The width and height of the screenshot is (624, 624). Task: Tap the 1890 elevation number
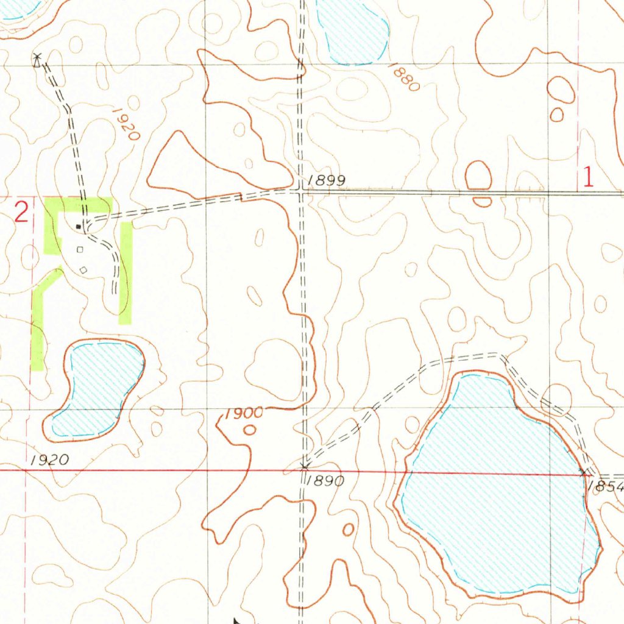tap(325, 481)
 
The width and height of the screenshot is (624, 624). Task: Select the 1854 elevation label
tap(607, 487)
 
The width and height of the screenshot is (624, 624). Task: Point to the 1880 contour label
tap(404, 77)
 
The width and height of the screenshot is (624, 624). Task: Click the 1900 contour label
tap(244, 414)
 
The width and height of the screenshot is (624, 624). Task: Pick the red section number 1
tap(588, 177)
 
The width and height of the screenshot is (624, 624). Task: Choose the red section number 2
tap(21, 213)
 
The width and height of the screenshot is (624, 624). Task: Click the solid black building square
tap(78, 227)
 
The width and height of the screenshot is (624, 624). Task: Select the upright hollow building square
tap(79, 249)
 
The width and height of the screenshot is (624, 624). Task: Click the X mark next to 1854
tap(585, 472)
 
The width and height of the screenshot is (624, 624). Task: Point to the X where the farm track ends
tap(37, 59)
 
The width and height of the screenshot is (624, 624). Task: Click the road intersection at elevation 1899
tap(302, 192)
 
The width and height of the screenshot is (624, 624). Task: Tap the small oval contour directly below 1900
tap(249, 430)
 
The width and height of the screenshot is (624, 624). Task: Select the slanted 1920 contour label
tap(126, 124)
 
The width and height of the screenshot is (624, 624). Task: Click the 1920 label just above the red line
tap(49, 459)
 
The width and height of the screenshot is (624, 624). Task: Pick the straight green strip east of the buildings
tap(126, 273)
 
